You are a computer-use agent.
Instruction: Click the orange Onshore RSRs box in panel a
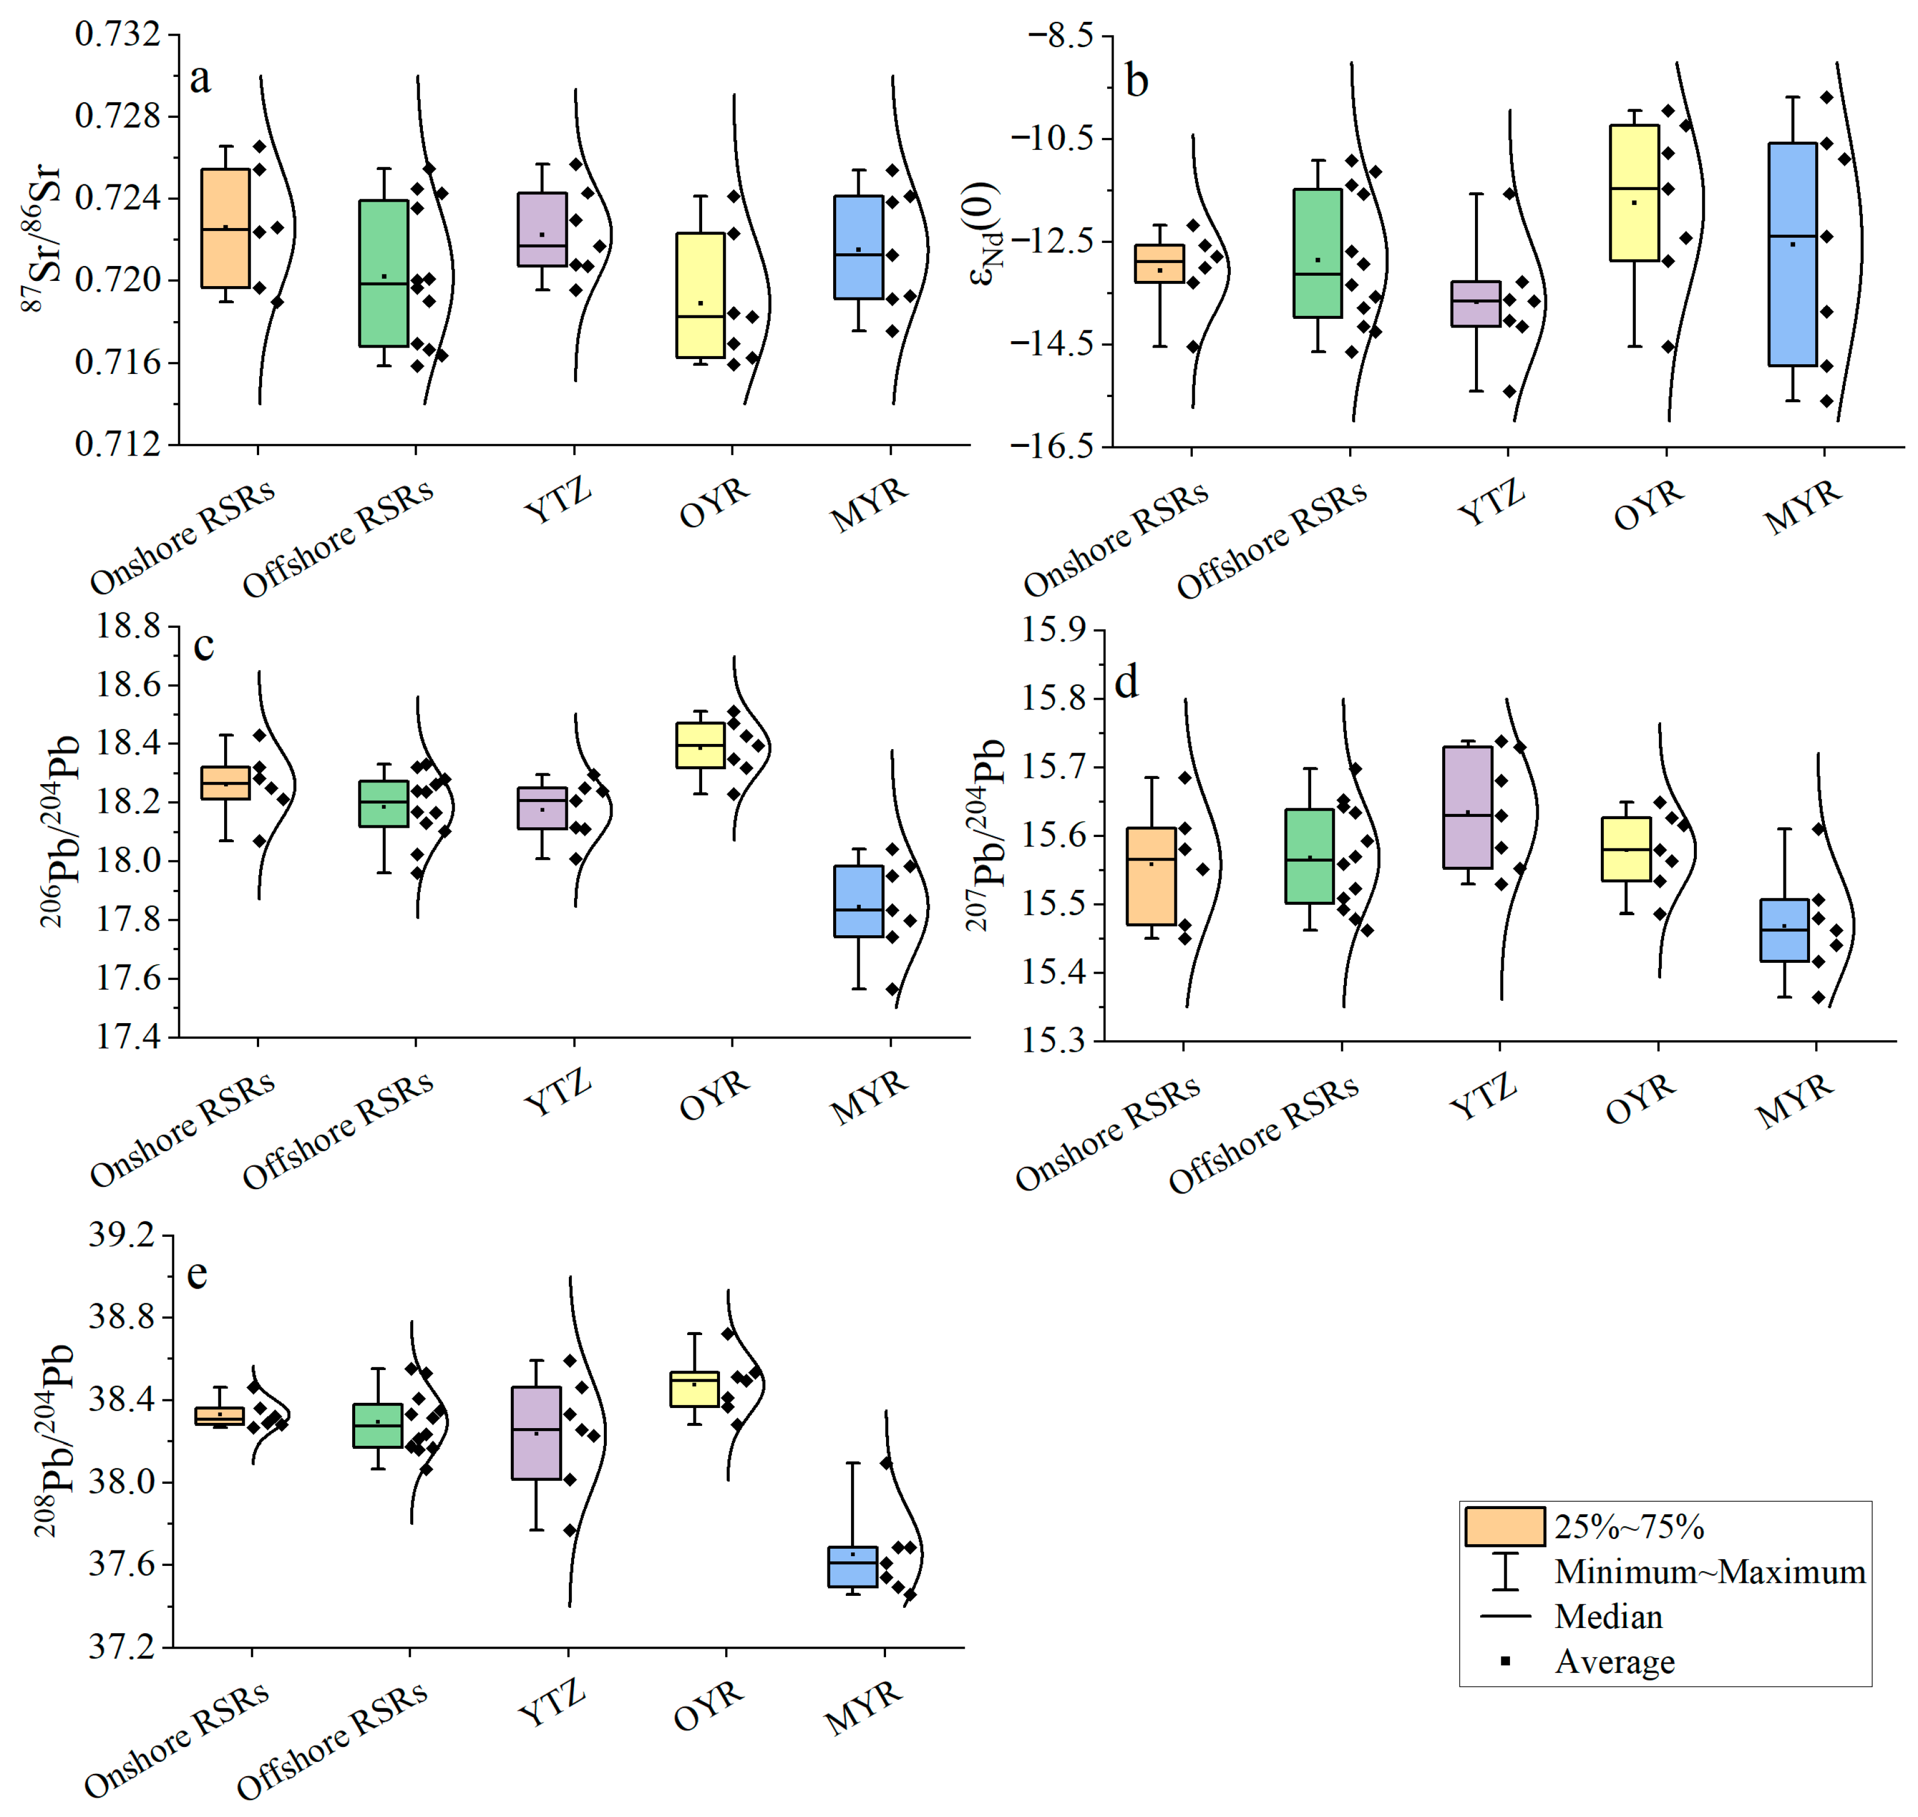point(225,229)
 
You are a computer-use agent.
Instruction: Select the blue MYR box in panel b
point(1792,254)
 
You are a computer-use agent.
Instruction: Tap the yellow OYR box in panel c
point(700,745)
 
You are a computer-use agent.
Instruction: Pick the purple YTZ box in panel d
point(1468,807)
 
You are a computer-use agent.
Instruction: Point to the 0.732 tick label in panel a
point(118,35)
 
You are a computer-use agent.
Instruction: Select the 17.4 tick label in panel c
point(129,1037)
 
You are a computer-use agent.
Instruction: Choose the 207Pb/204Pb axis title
point(986,835)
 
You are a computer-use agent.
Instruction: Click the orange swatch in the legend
point(1504,1526)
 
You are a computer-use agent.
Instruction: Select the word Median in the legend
point(1608,1617)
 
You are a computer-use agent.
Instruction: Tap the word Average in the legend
point(1614,1661)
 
